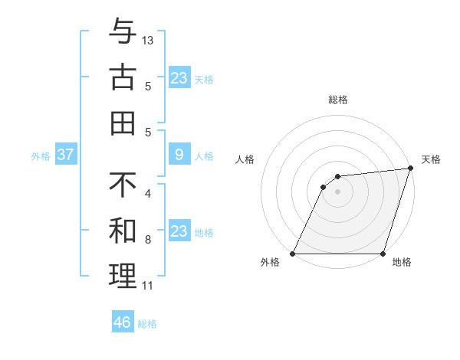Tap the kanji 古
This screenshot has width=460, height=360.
(123, 79)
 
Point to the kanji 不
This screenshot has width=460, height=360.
(123, 186)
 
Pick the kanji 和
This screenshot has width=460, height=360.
(123, 231)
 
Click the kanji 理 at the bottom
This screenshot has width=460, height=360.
(123, 275)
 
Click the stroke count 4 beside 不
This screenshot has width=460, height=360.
(147, 194)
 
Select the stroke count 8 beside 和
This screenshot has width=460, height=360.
(147, 240)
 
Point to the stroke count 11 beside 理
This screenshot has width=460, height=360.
(147, 286)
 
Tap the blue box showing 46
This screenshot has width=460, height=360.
(123, 322)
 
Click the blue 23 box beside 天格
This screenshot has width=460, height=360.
(179, 78)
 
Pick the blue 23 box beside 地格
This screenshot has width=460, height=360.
(179, 231)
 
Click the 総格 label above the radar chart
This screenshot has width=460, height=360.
(338, 100)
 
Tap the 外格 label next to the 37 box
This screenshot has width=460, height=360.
(41, 156)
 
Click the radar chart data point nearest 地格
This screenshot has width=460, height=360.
(383, 254)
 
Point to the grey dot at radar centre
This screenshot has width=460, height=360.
(338, 191)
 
